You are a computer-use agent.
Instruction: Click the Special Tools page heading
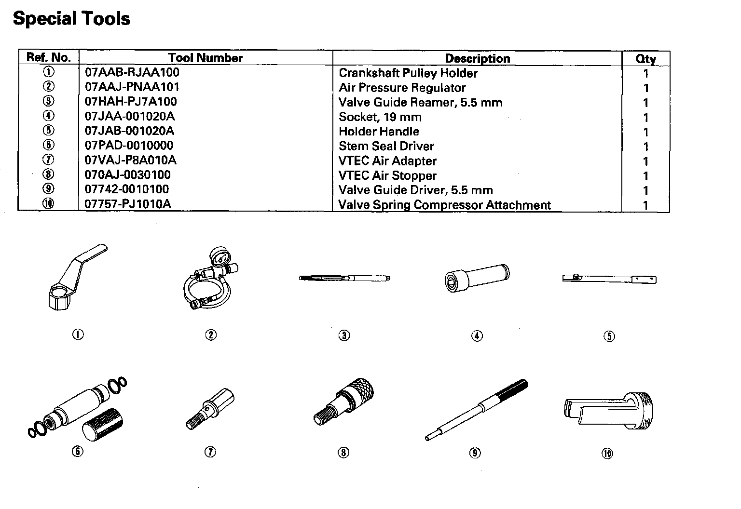click(x=71, y=19)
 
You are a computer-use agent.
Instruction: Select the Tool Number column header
click(x=205, y=58)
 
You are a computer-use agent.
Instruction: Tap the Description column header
click(x=477, y=58)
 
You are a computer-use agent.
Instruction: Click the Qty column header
click(x=645, y=59)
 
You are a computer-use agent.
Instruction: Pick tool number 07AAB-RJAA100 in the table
click(x=132, y=72)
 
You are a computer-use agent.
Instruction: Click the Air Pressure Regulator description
click(x=402, y=88)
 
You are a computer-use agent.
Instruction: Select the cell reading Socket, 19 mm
click(x=380, y=117)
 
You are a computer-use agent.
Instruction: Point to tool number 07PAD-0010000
click(x=129, y=145)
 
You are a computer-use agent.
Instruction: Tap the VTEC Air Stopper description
click(x=387, y=175)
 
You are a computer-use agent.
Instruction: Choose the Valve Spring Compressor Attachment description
click(x=444, y=205)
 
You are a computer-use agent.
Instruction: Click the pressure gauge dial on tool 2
click(x=220, y=258)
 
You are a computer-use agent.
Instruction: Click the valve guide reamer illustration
click(x=344, y=278)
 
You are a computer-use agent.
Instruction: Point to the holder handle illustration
click(x=609, y=279)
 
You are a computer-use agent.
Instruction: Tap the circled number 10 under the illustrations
click(x=607, y=453)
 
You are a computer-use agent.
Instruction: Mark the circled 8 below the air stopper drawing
click(x=343, y=452)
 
